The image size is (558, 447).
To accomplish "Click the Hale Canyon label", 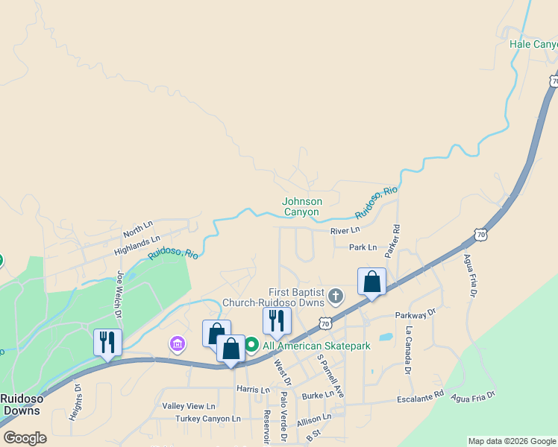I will pos(533,44).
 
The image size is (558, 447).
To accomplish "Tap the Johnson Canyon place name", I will pos(302,206).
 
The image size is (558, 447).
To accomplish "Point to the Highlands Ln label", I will pos(137,245).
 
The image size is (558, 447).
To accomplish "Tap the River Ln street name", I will pos(345,231).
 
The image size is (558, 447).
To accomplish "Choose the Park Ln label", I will pos(363,247).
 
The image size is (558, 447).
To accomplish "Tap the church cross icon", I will pos(336,297).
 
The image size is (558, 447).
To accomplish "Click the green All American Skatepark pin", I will pos(251,345).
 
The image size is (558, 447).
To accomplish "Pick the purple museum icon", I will pos(178,343).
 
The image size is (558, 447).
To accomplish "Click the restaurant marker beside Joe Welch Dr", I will pos(107,343).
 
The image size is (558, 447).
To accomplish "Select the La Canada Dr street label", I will pos(408,349).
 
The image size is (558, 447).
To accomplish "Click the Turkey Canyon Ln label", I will pos(208,419).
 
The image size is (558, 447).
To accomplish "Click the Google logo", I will pos(25,437).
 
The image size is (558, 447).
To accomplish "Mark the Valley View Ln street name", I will pos(189,406).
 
